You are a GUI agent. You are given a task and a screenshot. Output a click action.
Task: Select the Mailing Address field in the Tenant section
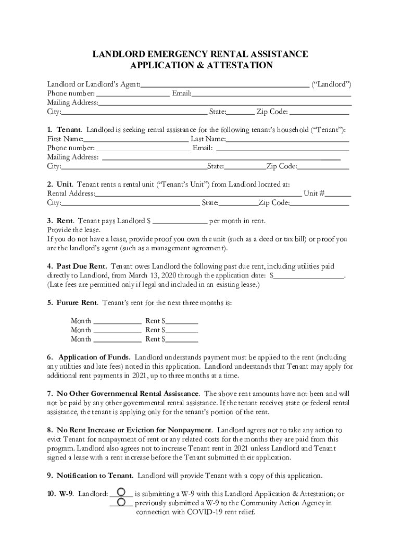point(221,157)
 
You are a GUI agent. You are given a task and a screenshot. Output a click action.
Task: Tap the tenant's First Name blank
point(136,139)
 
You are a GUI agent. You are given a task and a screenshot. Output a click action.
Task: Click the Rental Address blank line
point(198,193)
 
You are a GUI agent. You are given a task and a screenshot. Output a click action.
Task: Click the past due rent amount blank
point(309,275)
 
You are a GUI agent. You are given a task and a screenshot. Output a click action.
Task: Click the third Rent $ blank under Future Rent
point(182,339)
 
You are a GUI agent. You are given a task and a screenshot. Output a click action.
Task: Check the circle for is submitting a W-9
point(121,492)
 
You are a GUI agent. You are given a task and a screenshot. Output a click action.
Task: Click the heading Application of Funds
point(94,358)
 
